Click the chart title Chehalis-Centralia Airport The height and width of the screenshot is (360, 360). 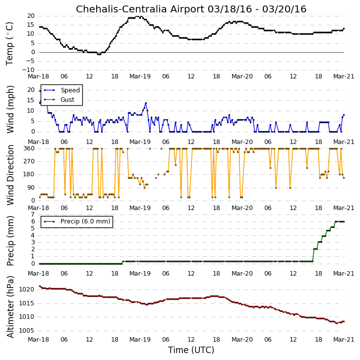[140, 9]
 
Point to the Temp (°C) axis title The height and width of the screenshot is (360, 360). [9, 44]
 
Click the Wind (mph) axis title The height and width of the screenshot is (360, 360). [10, 109]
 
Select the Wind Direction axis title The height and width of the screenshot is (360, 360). [10, 175]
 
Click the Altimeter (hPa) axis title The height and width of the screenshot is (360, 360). [10, 307]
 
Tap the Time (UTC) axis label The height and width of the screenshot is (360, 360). [191, 350]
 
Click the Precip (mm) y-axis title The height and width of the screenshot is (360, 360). [10, 241]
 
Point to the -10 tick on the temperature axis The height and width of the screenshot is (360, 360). [28, 70]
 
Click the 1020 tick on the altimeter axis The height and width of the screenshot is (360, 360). [26, 289]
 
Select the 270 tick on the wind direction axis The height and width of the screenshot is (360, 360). [29, 161]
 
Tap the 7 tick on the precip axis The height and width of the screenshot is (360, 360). [33, 215]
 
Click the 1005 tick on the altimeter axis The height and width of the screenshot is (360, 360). [26, 331]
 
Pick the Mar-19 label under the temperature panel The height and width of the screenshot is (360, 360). [140, 76]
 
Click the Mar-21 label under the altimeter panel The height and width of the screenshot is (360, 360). [344, 339]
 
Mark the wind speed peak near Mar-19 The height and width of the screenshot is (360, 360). [146, 103]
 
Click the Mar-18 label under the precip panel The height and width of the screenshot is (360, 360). [38, 273]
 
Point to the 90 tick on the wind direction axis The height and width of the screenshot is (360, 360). [31, 188]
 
